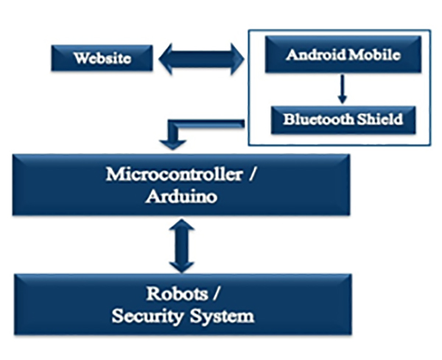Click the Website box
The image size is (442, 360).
[x=102, y=58]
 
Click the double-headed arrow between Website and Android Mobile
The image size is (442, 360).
[x=200, y=58]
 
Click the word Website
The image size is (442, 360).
[x=102, y=58]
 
